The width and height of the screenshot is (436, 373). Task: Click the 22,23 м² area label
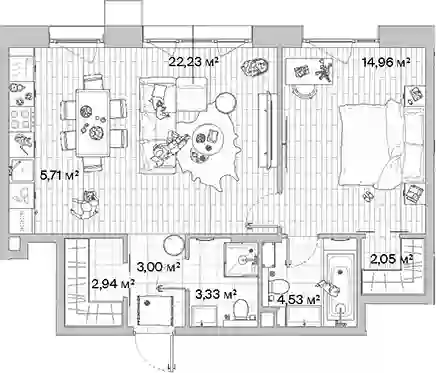click(x=193, y=61)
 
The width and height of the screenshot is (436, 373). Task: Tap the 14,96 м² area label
click(x=386, y=61)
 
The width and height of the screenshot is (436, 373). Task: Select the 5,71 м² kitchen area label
click(x=59, y=175)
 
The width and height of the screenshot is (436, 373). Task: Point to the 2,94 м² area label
click(x=114, y=284)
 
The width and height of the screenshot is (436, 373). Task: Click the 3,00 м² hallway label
click(x=159, y=266)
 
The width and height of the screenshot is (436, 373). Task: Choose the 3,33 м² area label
click(x=216, y=294)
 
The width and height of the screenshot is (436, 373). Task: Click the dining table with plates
click(x=93, y=123)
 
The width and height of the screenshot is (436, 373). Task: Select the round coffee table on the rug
click(x=207, y=138)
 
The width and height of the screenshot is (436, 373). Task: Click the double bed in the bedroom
click(x=381, y=145)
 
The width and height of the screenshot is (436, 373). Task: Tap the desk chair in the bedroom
click(x=303, y=91)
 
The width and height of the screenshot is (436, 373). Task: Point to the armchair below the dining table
click(x=86, y=204)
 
